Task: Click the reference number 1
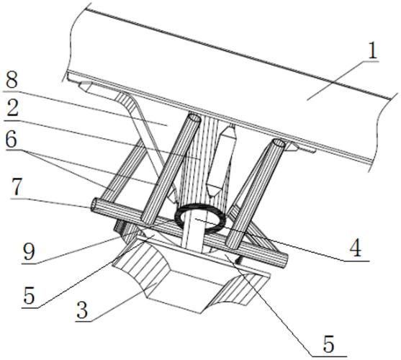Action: click(372, 50)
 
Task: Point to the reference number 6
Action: click(12, 140)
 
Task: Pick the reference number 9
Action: click(28, 252)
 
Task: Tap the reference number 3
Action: click(82, 310)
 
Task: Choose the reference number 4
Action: click(356, 249)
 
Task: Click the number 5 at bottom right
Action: click(328, 344)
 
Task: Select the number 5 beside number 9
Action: click(28, 296)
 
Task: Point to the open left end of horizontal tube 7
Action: click(94, 205)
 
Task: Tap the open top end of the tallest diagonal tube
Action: click(194, 118)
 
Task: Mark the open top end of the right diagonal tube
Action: click(279, 143)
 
